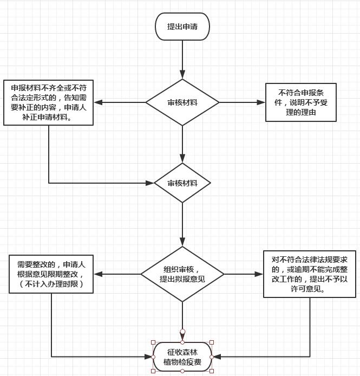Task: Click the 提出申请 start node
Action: (x=182, y=27)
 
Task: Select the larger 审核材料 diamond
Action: (x=182, y=102)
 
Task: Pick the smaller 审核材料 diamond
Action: (x=182, y=183)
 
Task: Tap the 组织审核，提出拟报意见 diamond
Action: (x=182, y=274)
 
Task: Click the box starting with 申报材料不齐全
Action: (x=48, y=102)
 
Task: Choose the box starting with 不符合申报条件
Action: (x=301, y=102)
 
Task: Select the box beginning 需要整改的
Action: (x=51, y=274)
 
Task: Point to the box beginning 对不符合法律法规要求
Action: (x=310, y=274)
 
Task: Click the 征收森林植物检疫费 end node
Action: (x=182, y=357)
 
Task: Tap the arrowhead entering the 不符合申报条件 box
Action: (x=261, y=102)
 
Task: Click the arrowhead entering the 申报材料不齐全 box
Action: (x=99, y=102)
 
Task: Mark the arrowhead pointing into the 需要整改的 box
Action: (x=99, y=274)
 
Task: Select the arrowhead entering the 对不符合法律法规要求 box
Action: (x=259, y=274)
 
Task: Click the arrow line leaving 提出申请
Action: (x=182, y=60)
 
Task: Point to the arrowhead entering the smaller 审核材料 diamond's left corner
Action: (x=149, y=183)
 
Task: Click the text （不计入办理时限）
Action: (x=51, y=284)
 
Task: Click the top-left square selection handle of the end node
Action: (x=153, y=342)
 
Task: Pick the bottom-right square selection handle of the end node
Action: (x=212, y=371)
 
